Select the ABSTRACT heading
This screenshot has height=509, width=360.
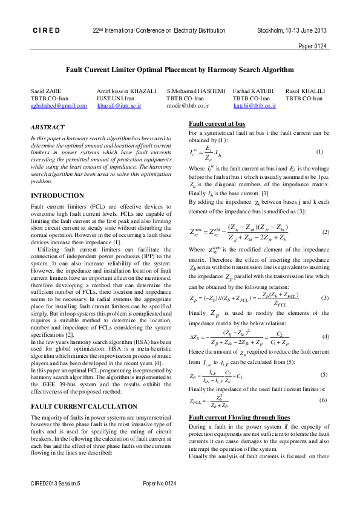[48, 128]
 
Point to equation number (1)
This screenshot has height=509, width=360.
[319, 151]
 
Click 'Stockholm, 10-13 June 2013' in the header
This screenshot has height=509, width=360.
[292, 30]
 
